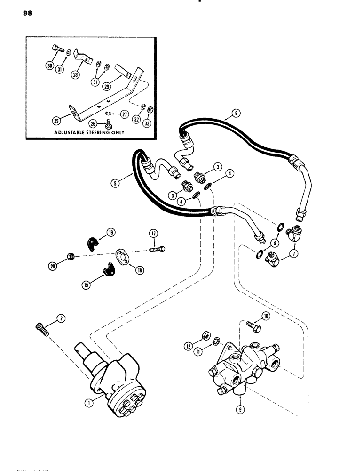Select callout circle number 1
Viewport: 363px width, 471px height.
click(91, 401)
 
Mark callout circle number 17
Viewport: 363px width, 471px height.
click(153, 233)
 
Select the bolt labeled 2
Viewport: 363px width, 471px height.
click(42, 328)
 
